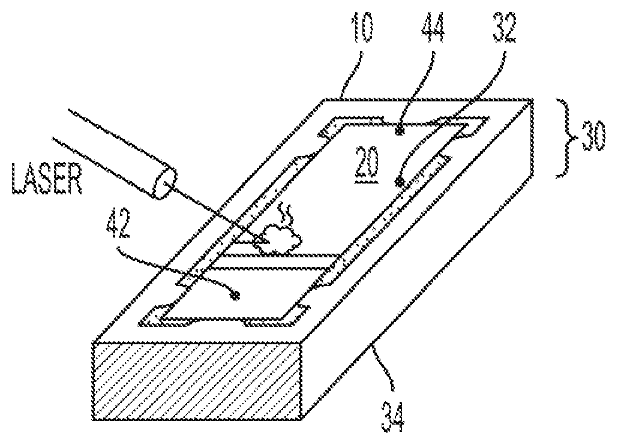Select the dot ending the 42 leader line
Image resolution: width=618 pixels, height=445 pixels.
[236, 294]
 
